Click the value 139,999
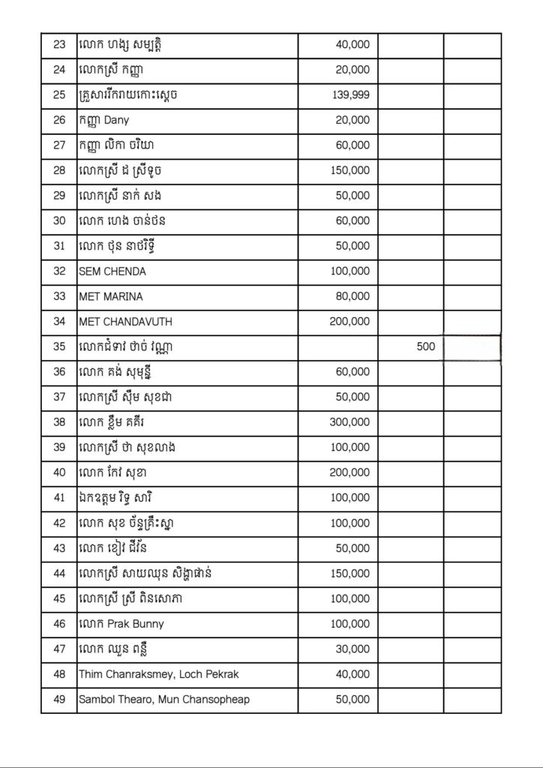(x=350, y=95)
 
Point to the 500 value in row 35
(x=425, y=347)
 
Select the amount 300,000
(x=349, y=422)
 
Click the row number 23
(x=59, y=44)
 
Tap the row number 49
(x=59, y=700)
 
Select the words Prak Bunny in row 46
(x=136, y=624)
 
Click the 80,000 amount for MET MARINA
(x=352, y=296)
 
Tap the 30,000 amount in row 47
(x=352, y=649)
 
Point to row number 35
(x=59, y=347)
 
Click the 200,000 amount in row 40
(x=349, y=472)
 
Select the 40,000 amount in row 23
(x=352, y=44)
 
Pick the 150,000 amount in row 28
(x=349, y=170)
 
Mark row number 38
(x=59, y=422)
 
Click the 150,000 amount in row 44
(x=349, y=574)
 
